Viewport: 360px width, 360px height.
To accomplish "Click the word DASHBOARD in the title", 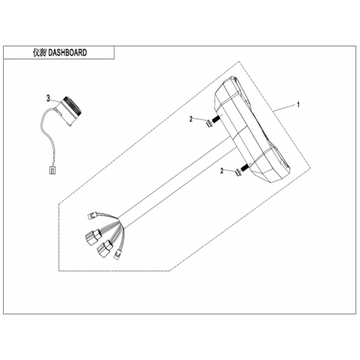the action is [x=67, y=52].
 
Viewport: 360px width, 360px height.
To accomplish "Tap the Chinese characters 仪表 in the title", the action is [x=39, y=52].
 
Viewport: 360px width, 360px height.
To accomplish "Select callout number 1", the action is [x=298, y=104].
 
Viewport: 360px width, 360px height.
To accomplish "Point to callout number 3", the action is [x=48, y=98].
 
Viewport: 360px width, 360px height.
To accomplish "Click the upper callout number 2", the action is [x=191, y=119].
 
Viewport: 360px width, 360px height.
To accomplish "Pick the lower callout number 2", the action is [x=222, y=171].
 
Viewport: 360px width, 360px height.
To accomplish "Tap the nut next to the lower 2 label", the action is [x=238, y=172].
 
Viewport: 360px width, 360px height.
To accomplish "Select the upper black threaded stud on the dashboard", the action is [x=216, y=118].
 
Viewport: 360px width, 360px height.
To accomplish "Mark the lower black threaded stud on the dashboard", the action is [x=245, y=167].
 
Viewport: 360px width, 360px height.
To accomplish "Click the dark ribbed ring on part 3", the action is [x=72, y=106].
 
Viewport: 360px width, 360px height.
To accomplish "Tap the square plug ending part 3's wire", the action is [x=52, y=169].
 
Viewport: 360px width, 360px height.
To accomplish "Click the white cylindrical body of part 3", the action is [x=65, y=113].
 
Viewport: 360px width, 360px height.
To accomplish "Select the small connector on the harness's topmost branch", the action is [x=91, y=215].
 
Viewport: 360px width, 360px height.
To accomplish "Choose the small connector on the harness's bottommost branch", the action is [x=117, y=255].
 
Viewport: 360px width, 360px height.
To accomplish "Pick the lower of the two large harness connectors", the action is [x=104, y=247].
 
